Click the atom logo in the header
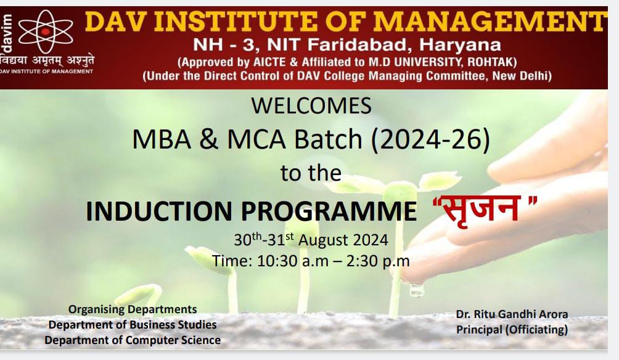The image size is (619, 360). pos(46,31)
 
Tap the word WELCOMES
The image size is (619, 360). pos(311,106)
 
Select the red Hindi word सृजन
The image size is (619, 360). pos(480,208)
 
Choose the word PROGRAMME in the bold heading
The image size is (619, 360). pos(329,211)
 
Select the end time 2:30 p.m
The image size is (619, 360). pos(378,261)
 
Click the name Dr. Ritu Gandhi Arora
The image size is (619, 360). pos(512,314)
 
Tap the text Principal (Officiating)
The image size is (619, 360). pos(512,329)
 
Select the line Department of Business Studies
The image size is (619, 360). pos(133,325)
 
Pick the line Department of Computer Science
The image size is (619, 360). pos(133,340)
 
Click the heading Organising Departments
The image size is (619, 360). pos(133,309)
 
